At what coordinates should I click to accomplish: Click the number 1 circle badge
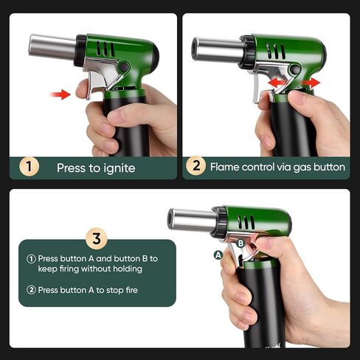[28, 167]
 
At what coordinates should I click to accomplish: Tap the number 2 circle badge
[195, 167]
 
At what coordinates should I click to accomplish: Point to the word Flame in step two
[225, 167]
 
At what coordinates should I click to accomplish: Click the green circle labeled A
[218, 255]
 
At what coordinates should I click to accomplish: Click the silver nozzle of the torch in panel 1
[52, 46]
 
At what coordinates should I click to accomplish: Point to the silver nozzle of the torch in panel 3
[191, 218]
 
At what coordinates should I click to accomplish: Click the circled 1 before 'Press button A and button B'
[31, 259]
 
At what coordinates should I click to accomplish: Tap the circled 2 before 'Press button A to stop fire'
[31, 290]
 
